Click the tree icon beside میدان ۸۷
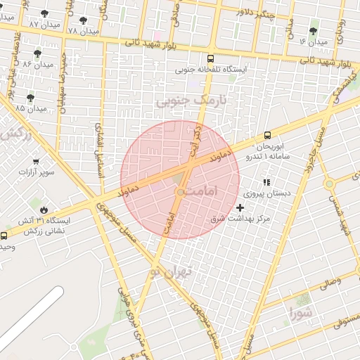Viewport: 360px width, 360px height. click(x=45, y=13)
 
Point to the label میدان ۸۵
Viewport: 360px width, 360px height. click(x=30, y=109)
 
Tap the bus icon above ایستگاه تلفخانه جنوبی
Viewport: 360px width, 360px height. click(x=211, y=58)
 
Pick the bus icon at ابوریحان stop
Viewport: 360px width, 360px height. click(x=267, y=136)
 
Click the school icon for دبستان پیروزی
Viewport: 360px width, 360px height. click(x=267, y=183)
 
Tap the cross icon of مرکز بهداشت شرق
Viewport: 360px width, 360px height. click(x=240, y=207)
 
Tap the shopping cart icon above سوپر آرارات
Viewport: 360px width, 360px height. click(x=36, y=161)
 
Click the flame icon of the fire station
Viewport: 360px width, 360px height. click(x=44, y=209)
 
